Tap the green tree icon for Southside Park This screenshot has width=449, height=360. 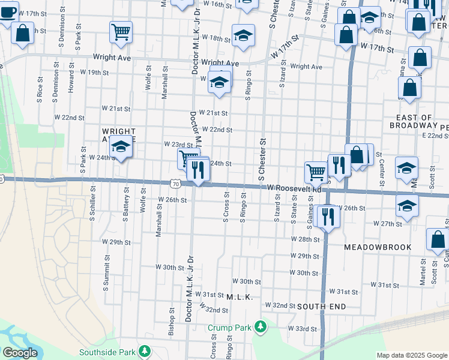pyautogui.click(x=144, y=350)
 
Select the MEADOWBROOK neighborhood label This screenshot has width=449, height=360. pyautogui.click(x=378, y=247)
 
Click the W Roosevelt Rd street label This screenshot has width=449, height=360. pyautogui.click(x=294, y=188)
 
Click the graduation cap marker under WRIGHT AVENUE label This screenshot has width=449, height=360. pyautogui.click(x=121, y=149)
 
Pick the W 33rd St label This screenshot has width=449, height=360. pyautogui.click(x=302, y=329)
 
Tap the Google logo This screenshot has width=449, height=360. pyautogui.click(x=20, y=353)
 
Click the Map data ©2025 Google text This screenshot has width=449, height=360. pyautogui.click(x=411, y=355)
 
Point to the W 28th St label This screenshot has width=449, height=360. pyautogui.click(x=306, y=239)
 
